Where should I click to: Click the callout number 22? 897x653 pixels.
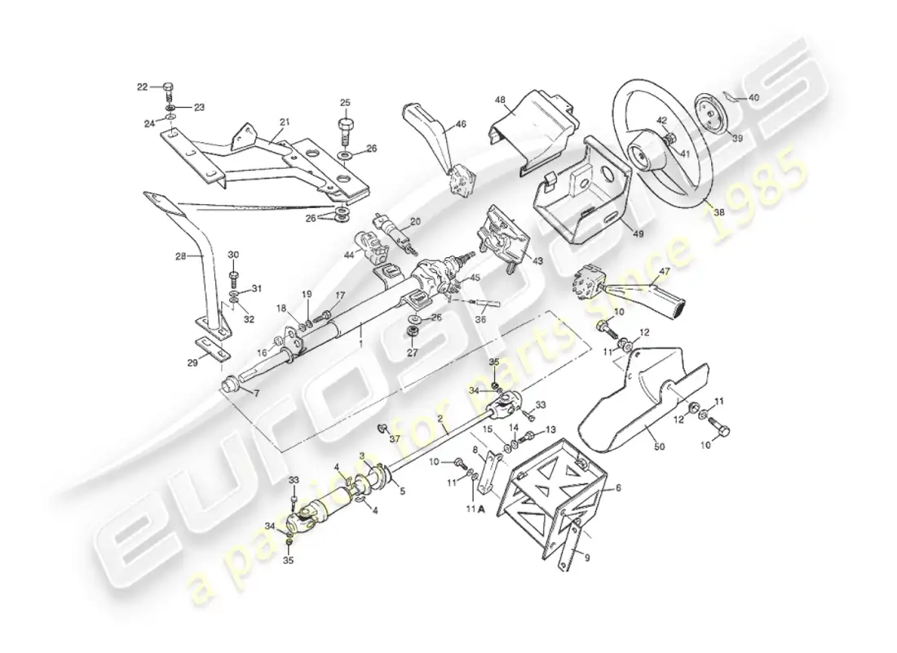point(142,86)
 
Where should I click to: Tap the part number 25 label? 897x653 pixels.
point(345,103)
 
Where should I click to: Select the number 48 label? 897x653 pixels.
point(500,100)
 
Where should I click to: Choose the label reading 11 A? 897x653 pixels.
point(475,509)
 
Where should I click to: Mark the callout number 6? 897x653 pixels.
point(618,487)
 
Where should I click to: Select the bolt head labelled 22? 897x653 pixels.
point(168,87)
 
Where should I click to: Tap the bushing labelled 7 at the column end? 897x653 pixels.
point(231,382)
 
